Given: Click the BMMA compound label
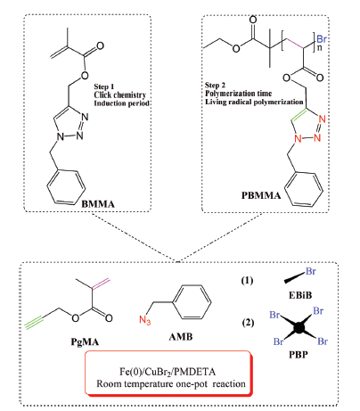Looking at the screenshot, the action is (98, 204).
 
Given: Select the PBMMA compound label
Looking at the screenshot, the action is (261, 195).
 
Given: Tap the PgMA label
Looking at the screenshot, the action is (85, 342).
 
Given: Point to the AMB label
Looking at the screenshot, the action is (181, 337).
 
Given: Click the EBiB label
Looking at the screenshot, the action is (300, 295).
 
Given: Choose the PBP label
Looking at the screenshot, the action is (299, 355).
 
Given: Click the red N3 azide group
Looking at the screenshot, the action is (145, 320).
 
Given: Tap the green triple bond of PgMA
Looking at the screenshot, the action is (34, 324).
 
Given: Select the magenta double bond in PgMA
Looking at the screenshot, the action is (101, 284).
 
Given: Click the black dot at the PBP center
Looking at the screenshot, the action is (299, 328).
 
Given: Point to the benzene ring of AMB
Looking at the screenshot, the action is (192, 302).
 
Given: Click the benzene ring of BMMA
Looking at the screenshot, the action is (66, 187).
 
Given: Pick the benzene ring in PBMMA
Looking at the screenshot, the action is (304, 189).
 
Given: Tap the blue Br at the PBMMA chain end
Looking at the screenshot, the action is (322, 39).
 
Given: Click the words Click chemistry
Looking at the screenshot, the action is (120, 95).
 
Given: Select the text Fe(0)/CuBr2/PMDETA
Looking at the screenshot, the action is (168, 372).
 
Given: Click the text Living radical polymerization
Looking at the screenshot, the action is (254, 102).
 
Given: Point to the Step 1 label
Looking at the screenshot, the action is (104, 86).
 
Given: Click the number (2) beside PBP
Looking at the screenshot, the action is (248, 323).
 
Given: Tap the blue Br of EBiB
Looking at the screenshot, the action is (311, 272).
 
